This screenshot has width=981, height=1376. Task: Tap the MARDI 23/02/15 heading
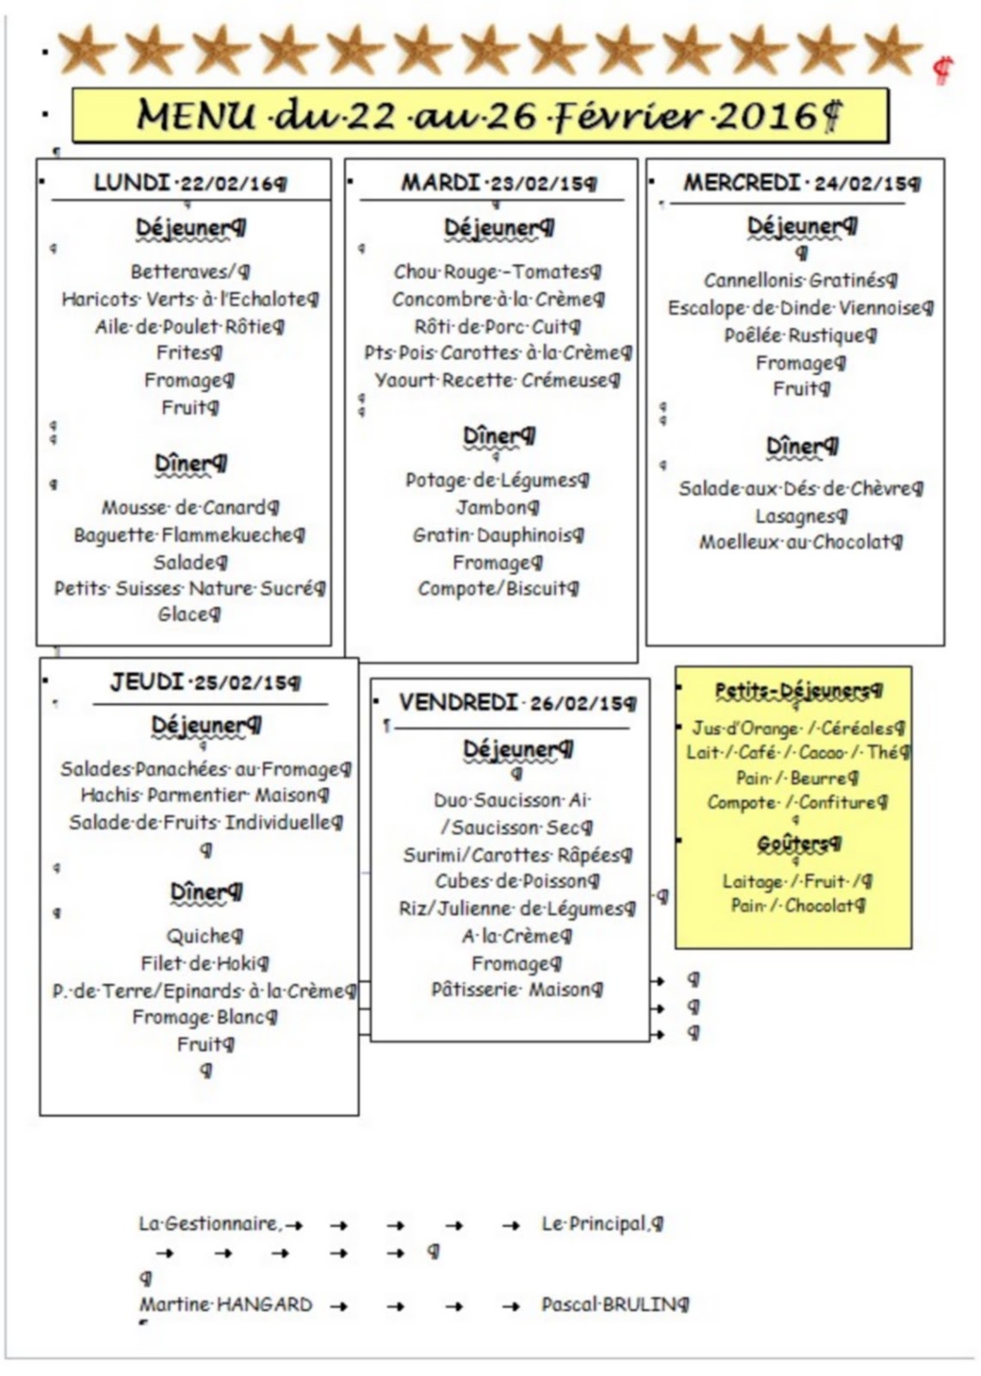497,182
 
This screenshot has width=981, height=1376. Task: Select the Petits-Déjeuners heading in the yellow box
797,690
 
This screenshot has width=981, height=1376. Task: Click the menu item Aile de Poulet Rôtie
188,327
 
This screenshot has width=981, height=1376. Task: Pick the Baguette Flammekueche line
188,535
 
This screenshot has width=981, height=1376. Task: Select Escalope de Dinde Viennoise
799,308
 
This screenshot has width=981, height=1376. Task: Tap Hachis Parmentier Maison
204,795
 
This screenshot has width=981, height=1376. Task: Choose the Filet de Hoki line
204,963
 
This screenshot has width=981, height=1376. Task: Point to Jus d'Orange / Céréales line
797,728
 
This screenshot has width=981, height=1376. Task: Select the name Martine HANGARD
225,1305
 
